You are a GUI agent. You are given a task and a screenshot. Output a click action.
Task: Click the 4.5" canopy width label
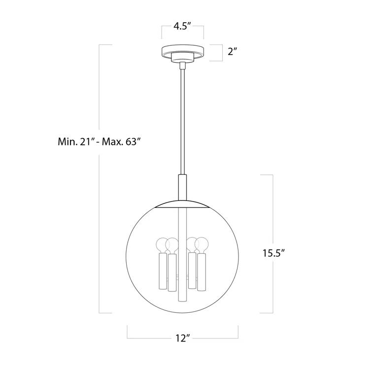[183, 27]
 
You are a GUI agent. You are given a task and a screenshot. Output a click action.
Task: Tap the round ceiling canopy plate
[183, 51]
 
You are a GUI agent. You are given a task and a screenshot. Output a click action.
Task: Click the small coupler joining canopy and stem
[183, 65]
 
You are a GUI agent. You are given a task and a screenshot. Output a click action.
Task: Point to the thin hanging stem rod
[183, 123]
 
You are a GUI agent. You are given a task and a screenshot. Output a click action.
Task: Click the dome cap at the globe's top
[183, 204]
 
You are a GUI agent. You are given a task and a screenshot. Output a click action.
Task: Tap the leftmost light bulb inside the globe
[162, 244]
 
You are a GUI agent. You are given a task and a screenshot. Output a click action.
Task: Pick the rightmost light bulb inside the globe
[202, 244]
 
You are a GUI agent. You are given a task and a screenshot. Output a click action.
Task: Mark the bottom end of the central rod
[183, 299]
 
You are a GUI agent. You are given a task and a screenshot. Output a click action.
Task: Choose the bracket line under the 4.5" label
[183, 36]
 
